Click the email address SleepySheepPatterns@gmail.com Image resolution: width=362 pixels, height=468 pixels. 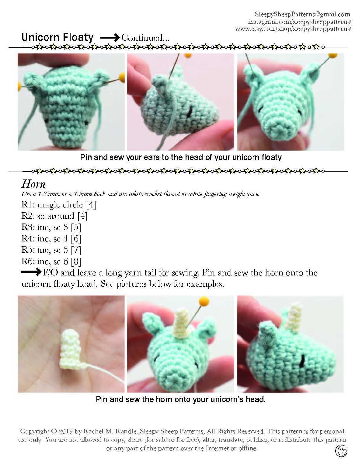click(302, 14)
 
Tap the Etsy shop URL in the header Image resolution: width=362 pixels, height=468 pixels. click(293, 29)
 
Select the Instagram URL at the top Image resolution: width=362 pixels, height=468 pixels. click(299, 22)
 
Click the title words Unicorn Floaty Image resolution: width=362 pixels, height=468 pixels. click(57, 37)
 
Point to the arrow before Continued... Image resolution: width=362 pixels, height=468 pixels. click(110, 38)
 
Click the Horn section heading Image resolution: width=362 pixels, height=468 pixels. click(33, 184)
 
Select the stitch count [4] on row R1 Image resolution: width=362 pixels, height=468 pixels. click(91, 205)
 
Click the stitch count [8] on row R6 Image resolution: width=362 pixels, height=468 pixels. click(76, 261)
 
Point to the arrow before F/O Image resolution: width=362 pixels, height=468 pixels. click(31, 272)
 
